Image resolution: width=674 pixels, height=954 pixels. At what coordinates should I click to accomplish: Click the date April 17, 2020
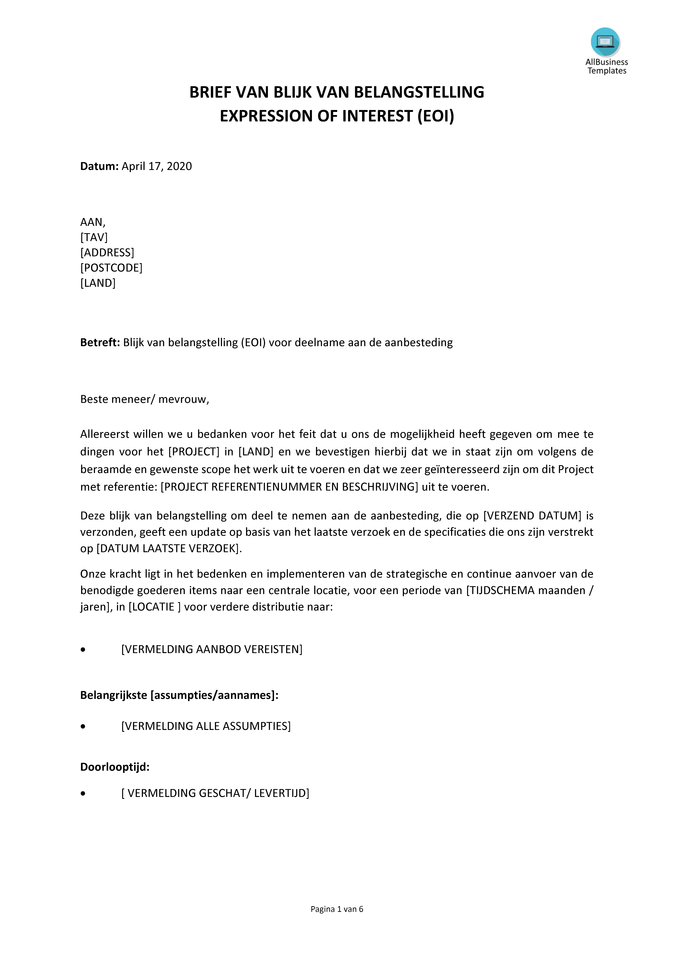coord(157,166)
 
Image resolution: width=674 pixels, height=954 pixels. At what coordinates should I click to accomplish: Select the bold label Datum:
coord(99,166)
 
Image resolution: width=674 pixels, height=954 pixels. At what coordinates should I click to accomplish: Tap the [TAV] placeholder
coord(94,237)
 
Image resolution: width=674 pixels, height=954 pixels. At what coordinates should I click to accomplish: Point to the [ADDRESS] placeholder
coord(107,253)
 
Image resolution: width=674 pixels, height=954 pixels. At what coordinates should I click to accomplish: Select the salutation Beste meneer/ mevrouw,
coord(145,399)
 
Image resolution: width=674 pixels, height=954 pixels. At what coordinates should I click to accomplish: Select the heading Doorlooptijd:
coord(115,767)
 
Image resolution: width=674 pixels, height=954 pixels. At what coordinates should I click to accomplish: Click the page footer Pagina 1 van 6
coord(337,909)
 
